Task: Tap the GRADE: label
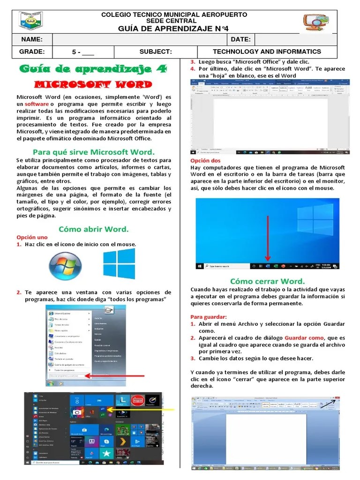(32, 52)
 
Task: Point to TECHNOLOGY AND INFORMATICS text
(267, 52)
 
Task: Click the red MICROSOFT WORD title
(94, 85)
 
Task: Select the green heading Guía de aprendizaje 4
(93, 69)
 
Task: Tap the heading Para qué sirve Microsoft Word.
(93, 152)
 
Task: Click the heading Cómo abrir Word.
(93, 229)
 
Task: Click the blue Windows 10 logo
(119, 263)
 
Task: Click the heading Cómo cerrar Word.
(268, 281)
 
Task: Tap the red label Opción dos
(202, 161)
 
